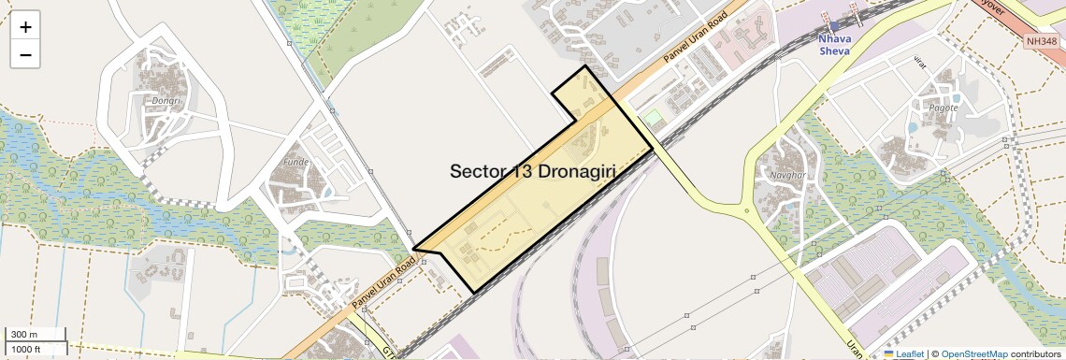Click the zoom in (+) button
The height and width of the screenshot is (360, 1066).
tap(25, 26)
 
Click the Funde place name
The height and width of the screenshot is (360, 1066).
tap(295, 161)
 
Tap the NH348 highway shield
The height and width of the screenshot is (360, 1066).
tap(1041, 41)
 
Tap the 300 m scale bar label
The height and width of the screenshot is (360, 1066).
tap(24, 335)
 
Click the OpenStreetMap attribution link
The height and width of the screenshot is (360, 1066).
tap(974, 353)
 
